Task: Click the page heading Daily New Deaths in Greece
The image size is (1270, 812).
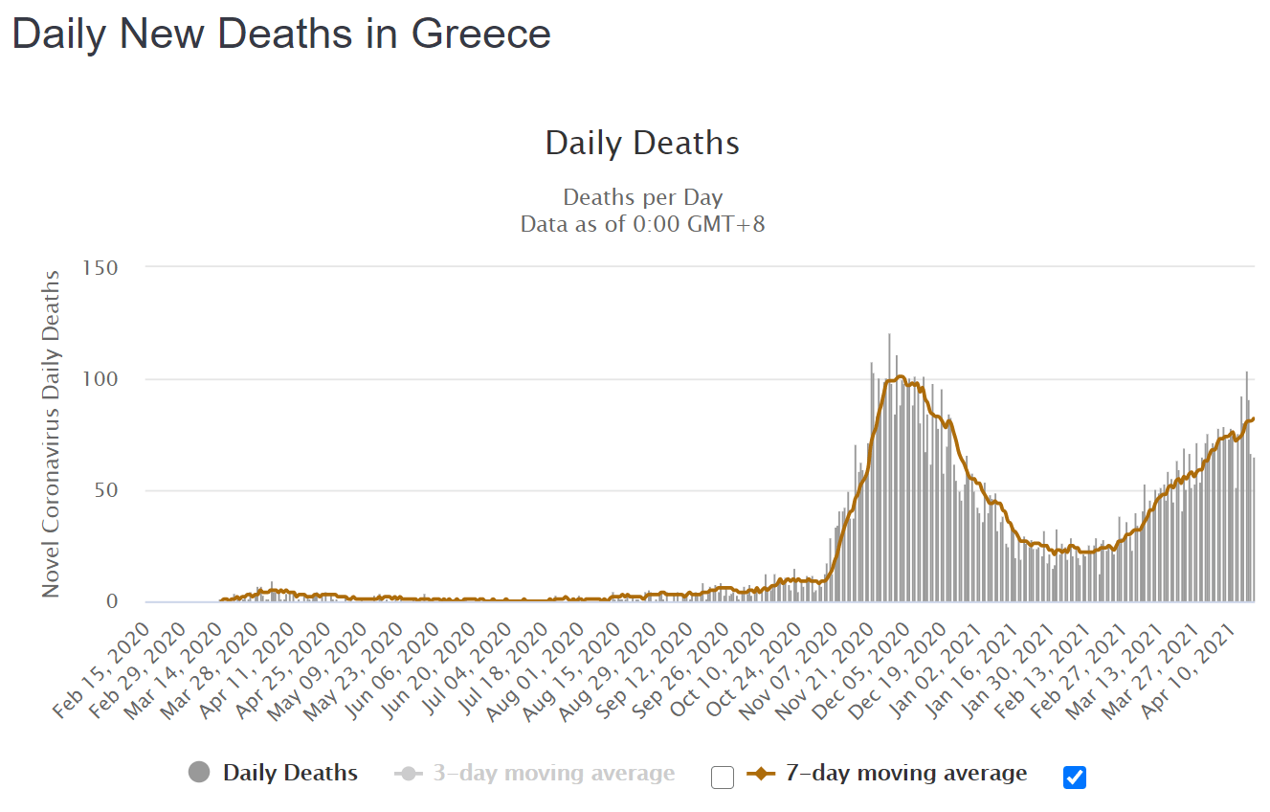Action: click(x=281, y=34)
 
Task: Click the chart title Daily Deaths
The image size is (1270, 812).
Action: click(x=642, y=144)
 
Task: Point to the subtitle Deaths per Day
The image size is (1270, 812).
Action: click(x=642, y=198)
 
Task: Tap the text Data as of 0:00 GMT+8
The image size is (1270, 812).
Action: click(x=642, y=225)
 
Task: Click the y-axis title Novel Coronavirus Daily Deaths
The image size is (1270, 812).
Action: click(x=51, y=434)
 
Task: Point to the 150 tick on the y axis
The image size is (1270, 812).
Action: click(x=100, y=267)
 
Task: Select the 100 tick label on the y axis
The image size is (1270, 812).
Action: click(x=100, y=379)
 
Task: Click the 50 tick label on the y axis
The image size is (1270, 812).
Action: click(x=106, y=490)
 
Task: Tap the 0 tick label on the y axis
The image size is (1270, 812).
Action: click(x=112, y=602)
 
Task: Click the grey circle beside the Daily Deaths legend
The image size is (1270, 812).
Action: click(x=200, y=773)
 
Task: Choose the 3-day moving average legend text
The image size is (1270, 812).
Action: click(x=553, y=774)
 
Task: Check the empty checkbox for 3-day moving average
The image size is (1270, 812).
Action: click(x=723, y=777)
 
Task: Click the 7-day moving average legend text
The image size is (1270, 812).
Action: click(x=905, y=774)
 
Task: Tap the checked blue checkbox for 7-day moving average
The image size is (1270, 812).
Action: click(x=1075, y=777)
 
